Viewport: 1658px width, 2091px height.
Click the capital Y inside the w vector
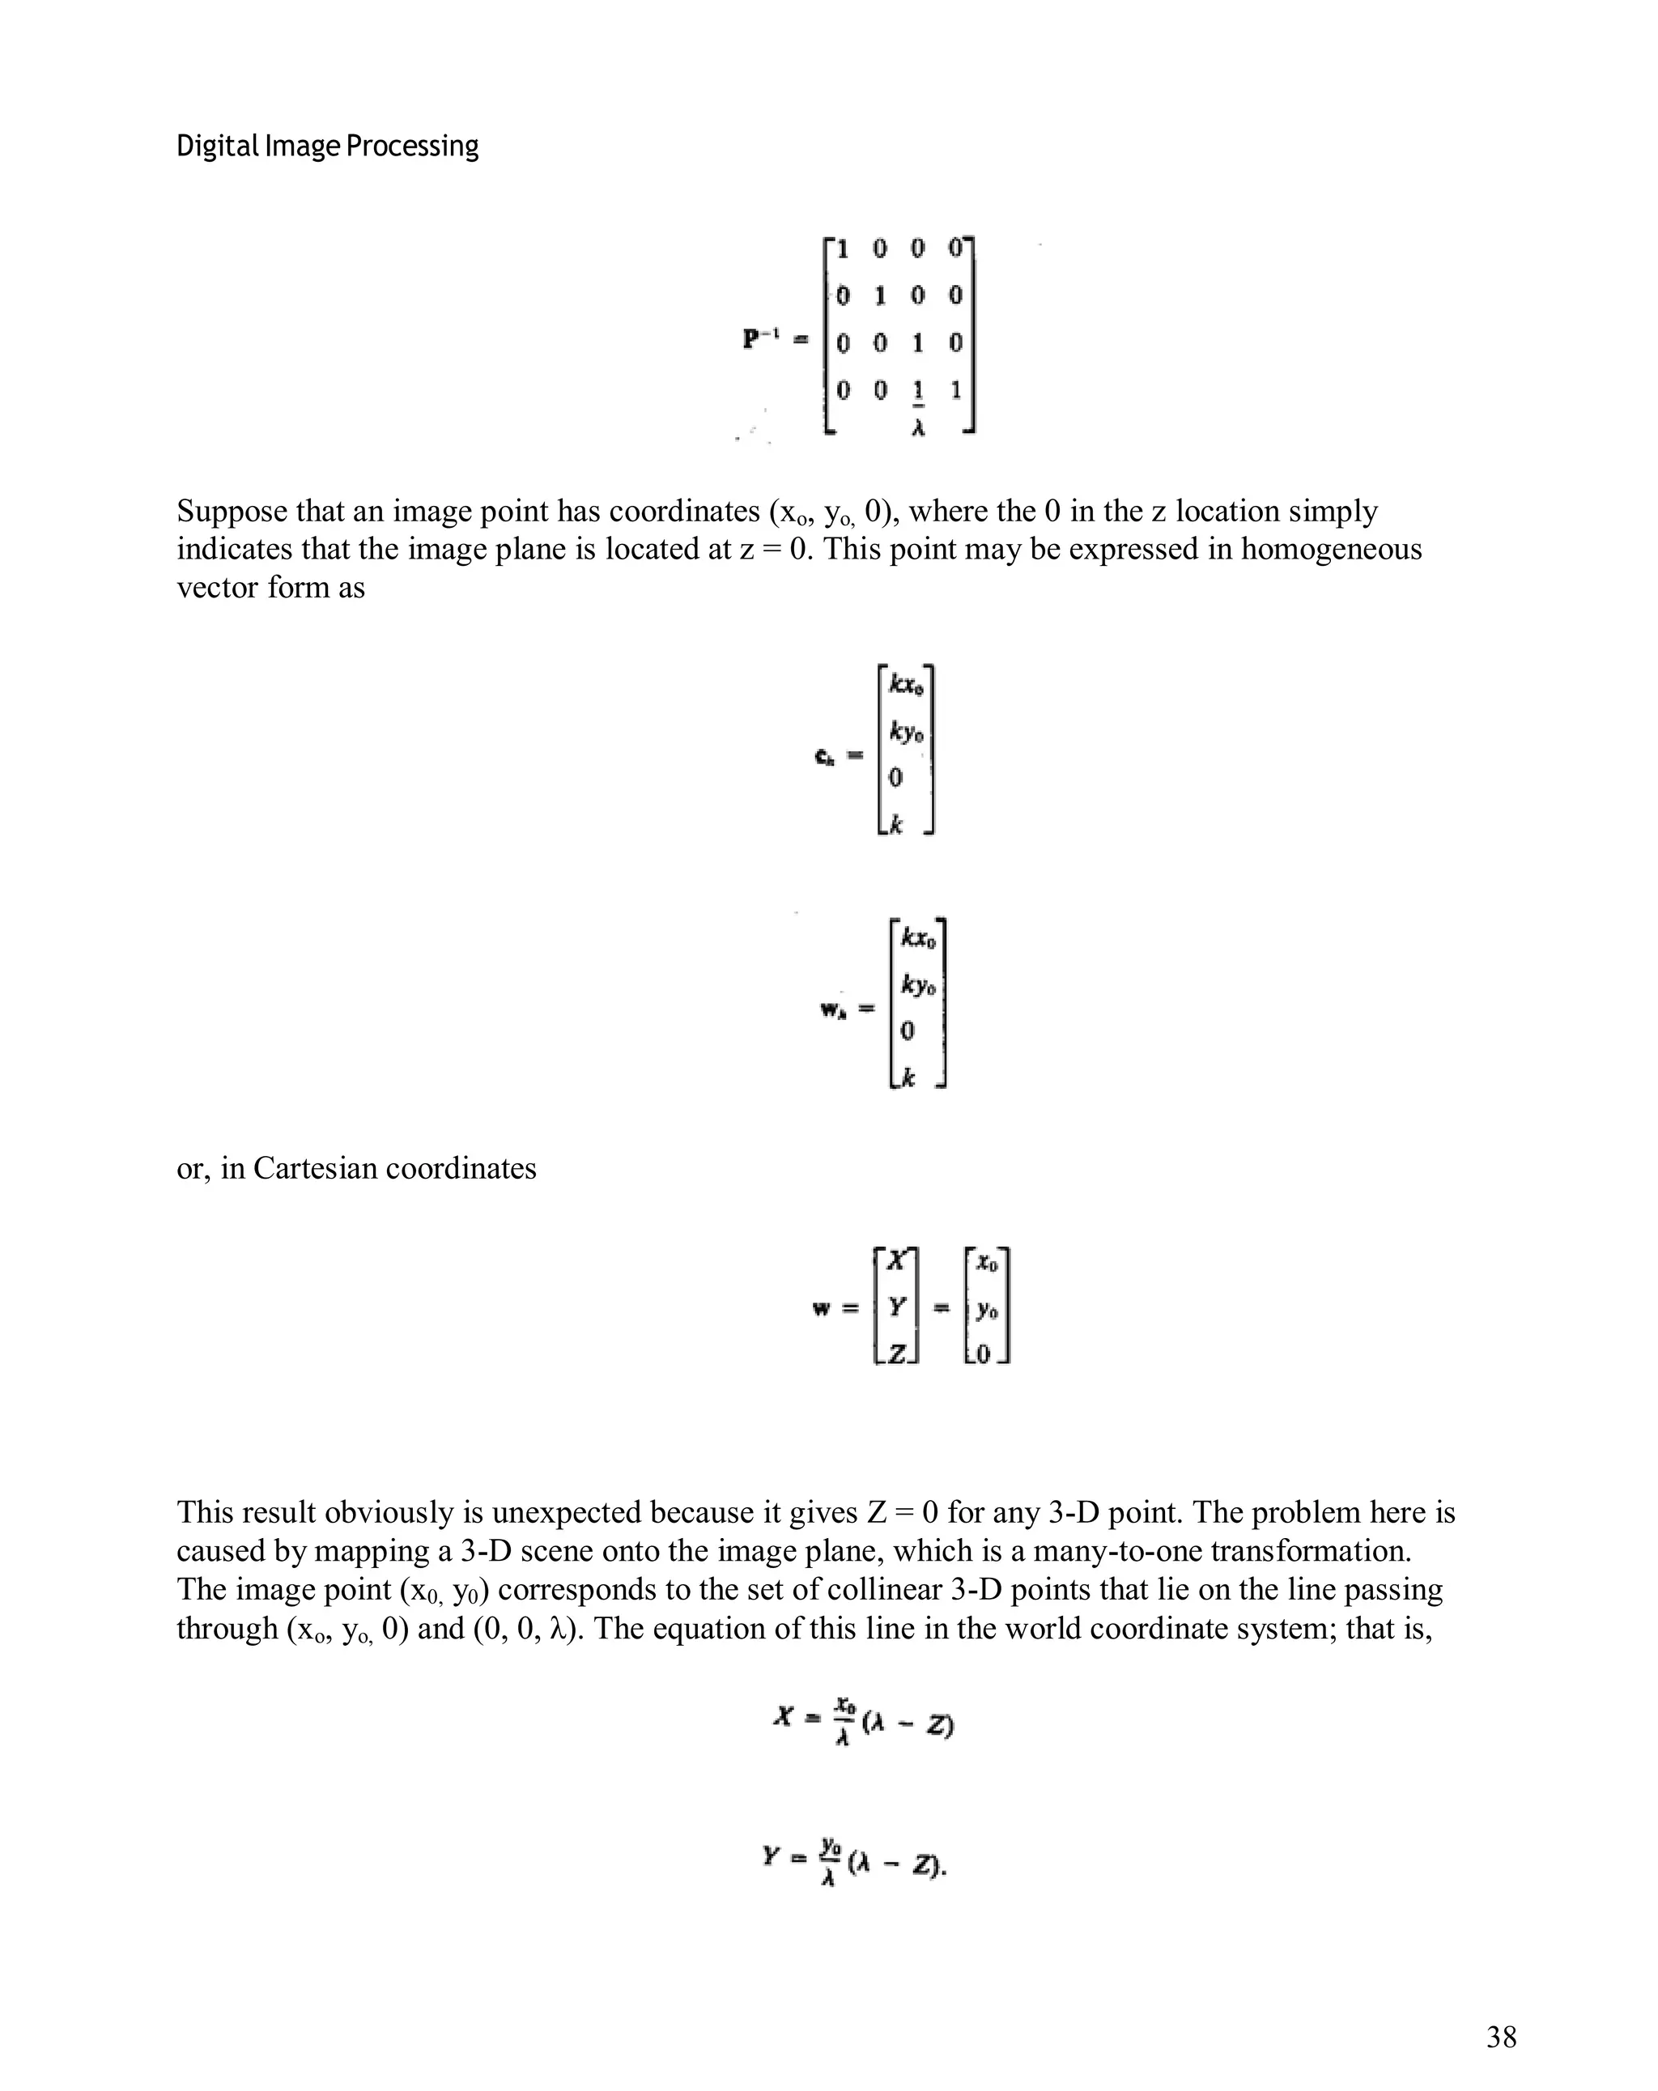[895, 1307]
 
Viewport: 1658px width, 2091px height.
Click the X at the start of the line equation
[783, 1717]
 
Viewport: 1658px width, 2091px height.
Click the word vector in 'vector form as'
[211, 587]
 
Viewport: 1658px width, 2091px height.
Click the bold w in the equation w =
[821, 1309]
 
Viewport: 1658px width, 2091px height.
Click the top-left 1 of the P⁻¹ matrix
[842, 249]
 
